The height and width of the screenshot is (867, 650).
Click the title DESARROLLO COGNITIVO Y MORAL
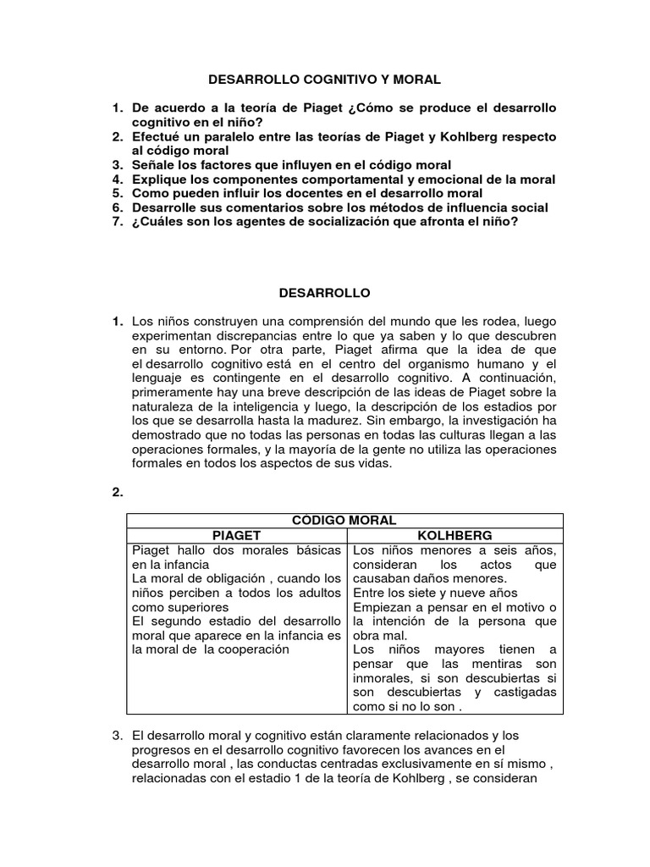[325, 80]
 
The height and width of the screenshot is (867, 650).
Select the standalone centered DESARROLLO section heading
[325, 292]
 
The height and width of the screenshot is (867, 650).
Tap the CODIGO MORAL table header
[344, 520]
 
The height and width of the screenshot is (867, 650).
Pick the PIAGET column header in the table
[235, 535]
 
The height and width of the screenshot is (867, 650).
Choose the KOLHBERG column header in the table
[454, 535]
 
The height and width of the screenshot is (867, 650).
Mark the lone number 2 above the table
[118, 492]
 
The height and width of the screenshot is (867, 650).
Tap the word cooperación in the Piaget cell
[252, 649]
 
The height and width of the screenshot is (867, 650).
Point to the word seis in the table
[492, 549]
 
